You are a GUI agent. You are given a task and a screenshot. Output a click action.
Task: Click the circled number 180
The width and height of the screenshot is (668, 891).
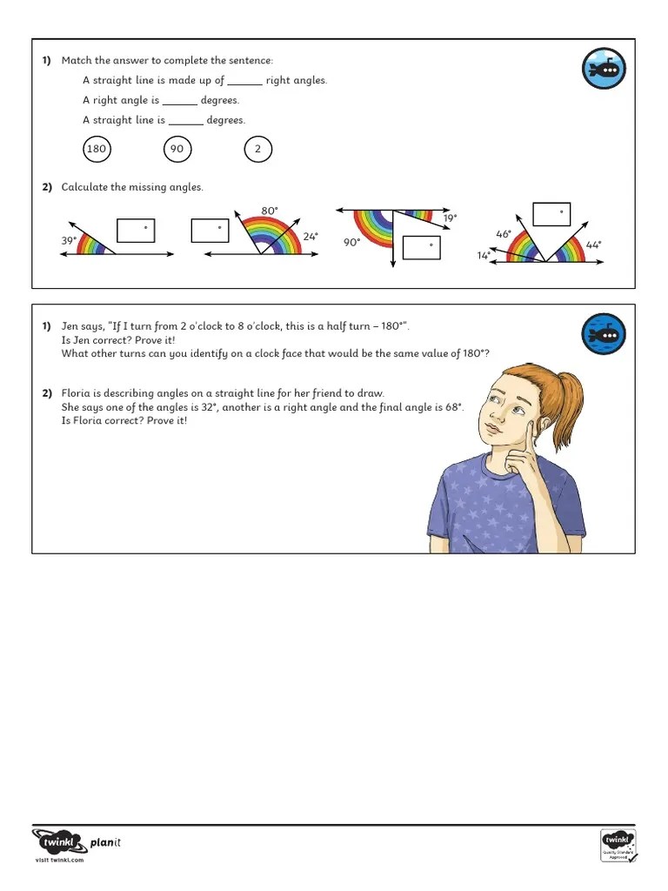click(97, 149)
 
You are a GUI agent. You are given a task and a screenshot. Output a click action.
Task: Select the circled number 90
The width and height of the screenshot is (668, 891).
click(177, 149)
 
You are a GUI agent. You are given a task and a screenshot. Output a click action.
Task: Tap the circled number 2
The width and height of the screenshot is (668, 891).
click(257, 149)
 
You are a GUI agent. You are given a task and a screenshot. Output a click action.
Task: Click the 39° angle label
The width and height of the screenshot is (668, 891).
click(69, 239)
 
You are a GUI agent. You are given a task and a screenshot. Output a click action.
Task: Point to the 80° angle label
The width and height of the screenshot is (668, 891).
click(270, 211)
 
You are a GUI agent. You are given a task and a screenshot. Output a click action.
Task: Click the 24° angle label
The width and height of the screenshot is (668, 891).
click(311, 236)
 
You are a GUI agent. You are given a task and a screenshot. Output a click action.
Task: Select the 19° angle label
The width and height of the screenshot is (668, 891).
click(450, 218)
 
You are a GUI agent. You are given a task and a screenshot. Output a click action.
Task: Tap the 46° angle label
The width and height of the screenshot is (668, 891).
click(504, 234)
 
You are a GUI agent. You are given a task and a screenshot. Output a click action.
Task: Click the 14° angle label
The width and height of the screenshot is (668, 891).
click(484, 255)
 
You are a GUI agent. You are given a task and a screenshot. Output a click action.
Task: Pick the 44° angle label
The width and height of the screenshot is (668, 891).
click(593, 245)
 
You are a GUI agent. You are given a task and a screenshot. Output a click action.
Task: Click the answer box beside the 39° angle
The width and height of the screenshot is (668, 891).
click(136, 230)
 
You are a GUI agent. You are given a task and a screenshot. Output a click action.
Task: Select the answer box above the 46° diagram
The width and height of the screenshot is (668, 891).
click(551, 214)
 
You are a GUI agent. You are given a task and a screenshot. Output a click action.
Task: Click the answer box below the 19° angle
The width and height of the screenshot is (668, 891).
click(422, 247)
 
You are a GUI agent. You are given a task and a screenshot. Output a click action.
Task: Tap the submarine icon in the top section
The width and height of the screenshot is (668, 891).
click(604, 69)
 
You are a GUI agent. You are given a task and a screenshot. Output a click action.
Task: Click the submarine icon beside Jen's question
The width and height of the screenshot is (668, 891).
click(604, 335)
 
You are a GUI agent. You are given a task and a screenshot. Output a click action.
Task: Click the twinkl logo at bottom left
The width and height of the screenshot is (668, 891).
click(60, 842)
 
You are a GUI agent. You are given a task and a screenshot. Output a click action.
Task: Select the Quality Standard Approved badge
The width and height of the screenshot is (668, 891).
click(618, 845)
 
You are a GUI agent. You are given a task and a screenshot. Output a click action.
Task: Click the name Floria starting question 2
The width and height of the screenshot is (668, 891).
click(76, 393)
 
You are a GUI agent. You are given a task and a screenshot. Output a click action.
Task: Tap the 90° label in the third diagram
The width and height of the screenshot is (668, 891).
click(351, 243)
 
